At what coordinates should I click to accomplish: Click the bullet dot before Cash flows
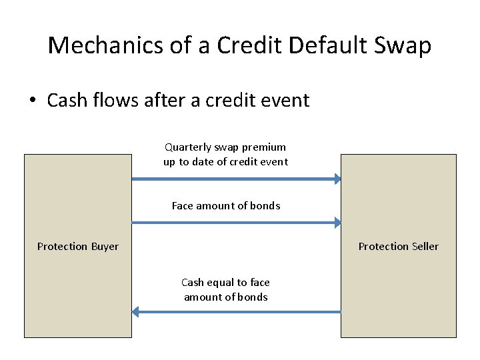click(32, 101)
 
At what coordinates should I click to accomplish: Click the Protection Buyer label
click(78, 247)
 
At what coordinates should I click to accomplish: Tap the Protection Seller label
click(398, 247)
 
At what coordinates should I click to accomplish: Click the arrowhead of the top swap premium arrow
click(337, 179)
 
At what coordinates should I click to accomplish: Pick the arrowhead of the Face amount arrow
click(337, 223)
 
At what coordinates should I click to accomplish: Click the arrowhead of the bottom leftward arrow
click(135, 311)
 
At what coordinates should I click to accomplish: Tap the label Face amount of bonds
click(226, 206)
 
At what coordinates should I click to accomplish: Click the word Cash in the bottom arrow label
click(193, 283)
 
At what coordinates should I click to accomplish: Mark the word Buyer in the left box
click(105, 247)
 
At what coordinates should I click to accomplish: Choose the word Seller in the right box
click(425, 247)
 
